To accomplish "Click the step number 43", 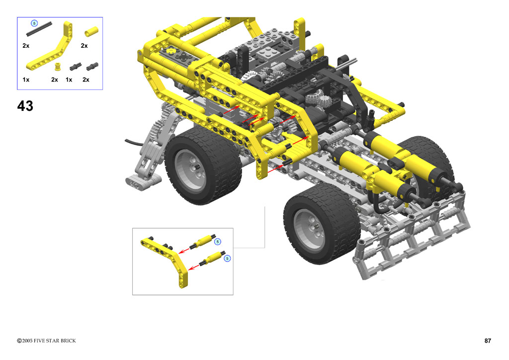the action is click(x=25, y=106).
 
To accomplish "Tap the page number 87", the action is click(x=488, y=341).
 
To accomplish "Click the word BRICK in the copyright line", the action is click(x=68, y=341).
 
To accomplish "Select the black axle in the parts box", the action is click(x=39, y=29).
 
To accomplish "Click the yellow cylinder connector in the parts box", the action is click(x=91, y=31).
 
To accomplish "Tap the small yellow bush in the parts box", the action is click(x=58, y=67).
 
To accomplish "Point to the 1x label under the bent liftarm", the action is click(x=26, y=80).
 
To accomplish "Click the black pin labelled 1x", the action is click(x=76, y=67).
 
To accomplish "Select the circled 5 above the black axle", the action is click(x=34, y=23).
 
